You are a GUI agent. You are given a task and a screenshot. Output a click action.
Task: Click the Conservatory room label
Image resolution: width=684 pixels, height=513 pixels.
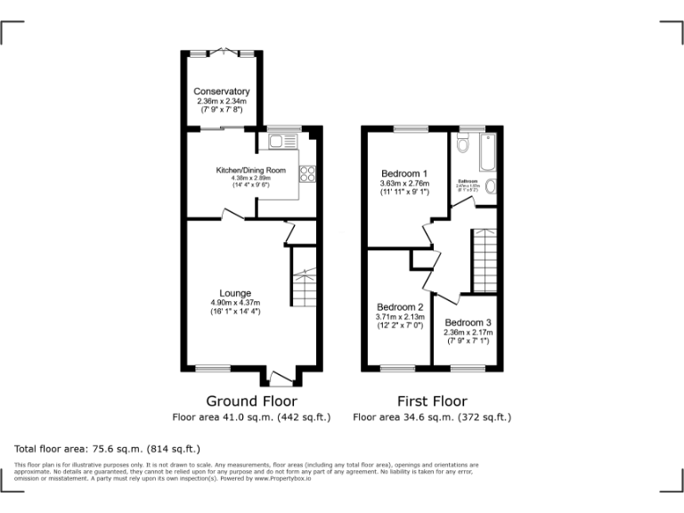(x=222, y=92)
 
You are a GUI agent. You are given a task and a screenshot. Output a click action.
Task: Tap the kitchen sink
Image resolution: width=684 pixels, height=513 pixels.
(x=276, y=141)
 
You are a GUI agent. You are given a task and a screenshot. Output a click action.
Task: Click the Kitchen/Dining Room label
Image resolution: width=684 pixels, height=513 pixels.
(x=251, y=170)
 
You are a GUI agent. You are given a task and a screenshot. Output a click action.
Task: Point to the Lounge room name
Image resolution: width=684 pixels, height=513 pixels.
(x=235, y=293)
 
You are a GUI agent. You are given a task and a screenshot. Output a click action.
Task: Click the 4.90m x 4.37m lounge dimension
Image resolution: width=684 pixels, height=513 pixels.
(x=235, y=303)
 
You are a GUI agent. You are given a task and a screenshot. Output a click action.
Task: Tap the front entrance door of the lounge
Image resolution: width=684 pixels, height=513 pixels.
(x=282, y=378)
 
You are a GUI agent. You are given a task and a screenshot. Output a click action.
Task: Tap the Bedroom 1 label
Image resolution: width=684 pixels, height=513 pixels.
(x=404, y=174)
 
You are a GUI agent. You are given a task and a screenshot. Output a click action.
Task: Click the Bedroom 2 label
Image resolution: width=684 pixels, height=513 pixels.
(x=400, y=307)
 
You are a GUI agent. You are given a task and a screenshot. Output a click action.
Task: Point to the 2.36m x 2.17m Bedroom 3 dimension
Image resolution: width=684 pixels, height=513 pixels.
(x=468, y=332)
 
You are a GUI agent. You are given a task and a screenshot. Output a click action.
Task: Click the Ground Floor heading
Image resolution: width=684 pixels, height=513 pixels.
(x=251, y=401)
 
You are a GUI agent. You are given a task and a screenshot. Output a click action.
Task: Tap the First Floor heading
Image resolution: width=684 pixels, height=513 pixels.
(x=432, y=401)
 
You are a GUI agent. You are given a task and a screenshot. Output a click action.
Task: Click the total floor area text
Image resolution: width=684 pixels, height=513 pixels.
(x=108, y=448)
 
